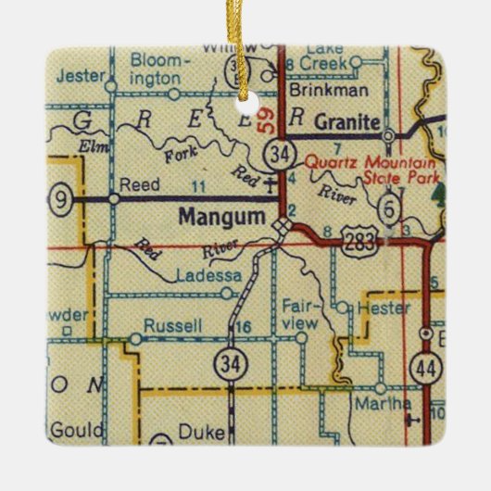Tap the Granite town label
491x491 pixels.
point(346,121)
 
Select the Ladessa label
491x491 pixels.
point(202,276)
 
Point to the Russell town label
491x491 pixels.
point(168,327)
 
